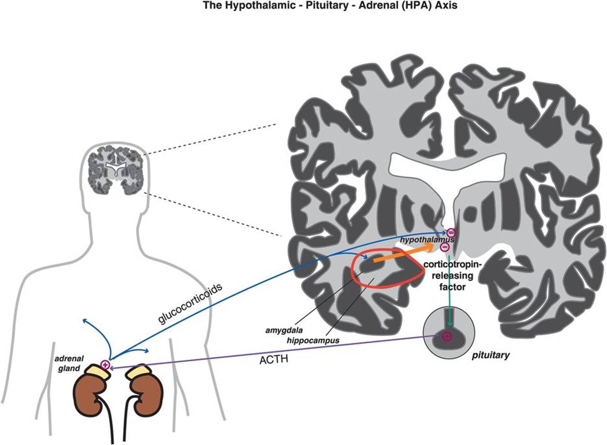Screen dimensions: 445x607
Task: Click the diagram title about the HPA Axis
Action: [x=303, y=7]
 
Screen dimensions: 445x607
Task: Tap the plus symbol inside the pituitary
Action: [x=446, y=337]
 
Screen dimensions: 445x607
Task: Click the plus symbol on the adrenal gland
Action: [x=105, y=365]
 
